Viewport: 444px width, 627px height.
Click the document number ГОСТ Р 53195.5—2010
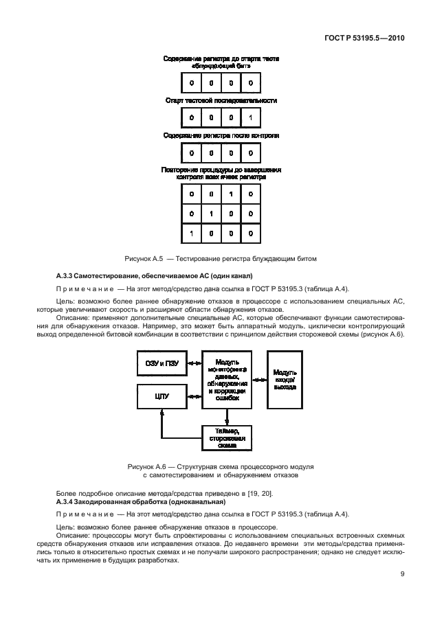(x=364, y=39)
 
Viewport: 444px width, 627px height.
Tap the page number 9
(x=401, y=576)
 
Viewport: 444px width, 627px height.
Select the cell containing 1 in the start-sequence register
(x=250, y=117)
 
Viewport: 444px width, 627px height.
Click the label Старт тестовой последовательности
(x=221, y=100)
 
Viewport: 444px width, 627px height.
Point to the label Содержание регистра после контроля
(x=221, y=136)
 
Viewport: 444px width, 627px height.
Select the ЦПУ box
(x=162, y=396)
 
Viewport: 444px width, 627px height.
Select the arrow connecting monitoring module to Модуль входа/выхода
(x=259, y=379)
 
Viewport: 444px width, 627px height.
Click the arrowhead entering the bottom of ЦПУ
(x=162, y=413)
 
